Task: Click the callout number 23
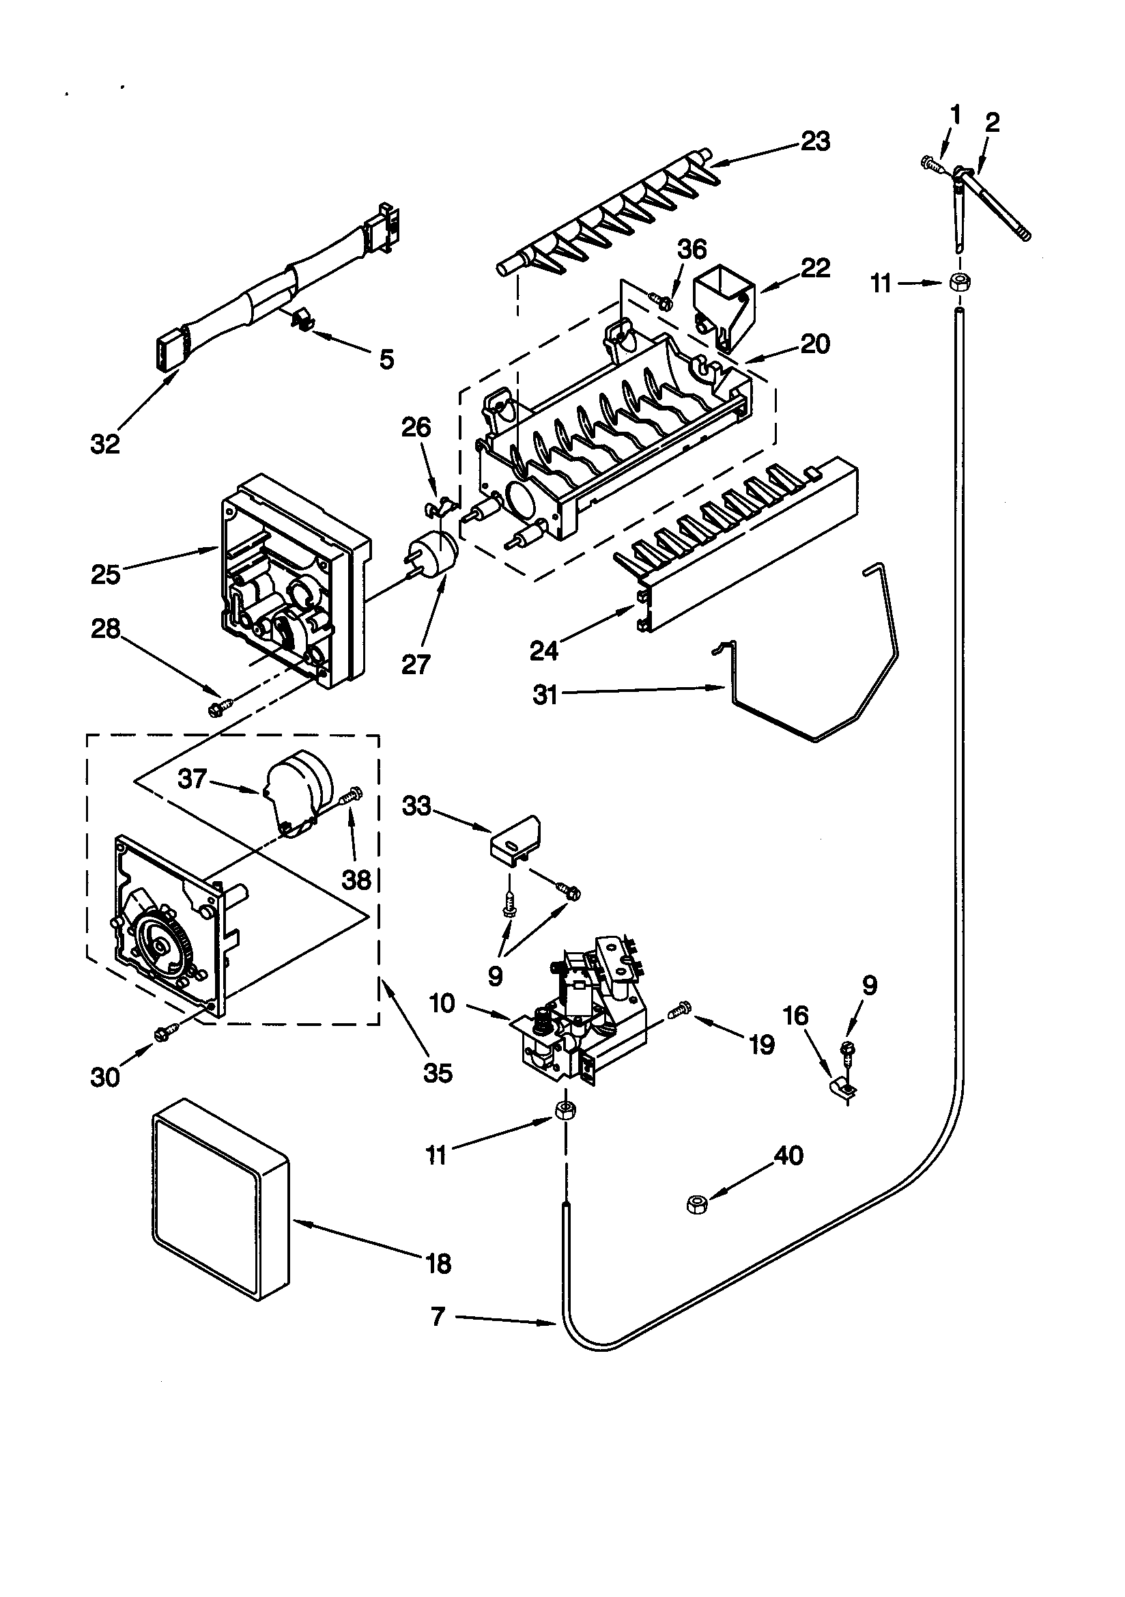click(815, 141)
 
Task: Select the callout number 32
click(105, 444)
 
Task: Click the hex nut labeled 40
click(696, 1204)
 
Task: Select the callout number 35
click(438, 1073)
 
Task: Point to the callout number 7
click(438, 1317)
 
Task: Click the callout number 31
click(545, 694)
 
